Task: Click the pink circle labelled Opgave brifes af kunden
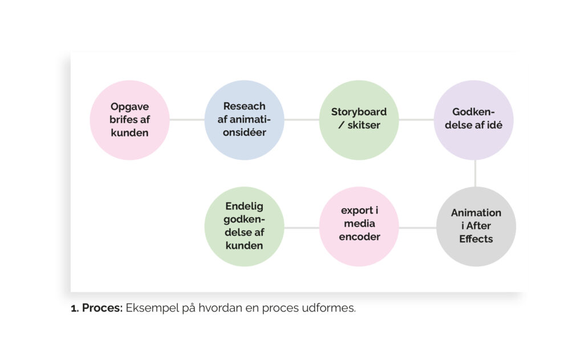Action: pos(130,120)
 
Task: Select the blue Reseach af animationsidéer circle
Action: pos(244,120)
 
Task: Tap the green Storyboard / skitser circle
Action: pos(359,120)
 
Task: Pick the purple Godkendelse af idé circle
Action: pos(474,120)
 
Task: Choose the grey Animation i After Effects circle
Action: pos(476,226)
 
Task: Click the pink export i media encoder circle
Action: pos(359,226)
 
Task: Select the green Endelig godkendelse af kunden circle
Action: pos(244,226)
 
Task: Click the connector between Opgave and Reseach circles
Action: pos(187,120)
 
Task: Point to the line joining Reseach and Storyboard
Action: pos(301,120)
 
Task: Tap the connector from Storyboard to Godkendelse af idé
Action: pos(416,120)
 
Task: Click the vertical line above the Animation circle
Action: pos(475,173)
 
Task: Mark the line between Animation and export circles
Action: pos(417,228)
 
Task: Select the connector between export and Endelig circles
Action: pos(301,228)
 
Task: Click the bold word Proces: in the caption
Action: pos(103,308)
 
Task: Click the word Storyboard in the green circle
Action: pos(359,112)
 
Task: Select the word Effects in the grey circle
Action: pos(476,238)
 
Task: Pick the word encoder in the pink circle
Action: pos(359,237)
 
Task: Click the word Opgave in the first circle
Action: pos(130,107)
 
